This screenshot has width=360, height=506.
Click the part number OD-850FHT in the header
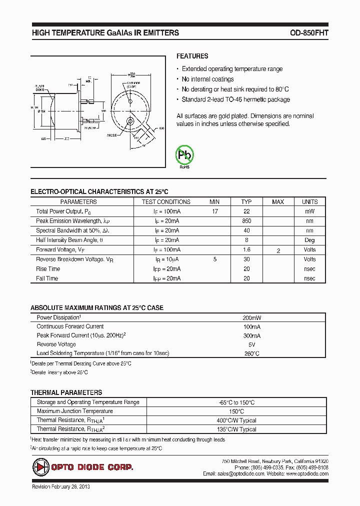(309, 33)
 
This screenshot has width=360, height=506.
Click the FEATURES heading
(192, 56)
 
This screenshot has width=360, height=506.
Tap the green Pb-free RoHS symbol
(184, 155)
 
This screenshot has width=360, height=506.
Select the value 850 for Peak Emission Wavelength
(246, 221)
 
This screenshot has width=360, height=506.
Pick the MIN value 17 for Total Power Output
(214, 211)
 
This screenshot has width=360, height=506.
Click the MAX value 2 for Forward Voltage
(278, 250)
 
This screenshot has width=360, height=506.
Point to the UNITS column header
(309, 202)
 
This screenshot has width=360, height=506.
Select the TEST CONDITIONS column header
(166, 202)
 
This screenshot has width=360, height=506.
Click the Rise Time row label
(47, 269)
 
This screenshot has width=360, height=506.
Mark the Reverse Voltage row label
(56, 344)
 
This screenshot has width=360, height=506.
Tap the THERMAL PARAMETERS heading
(66, 393)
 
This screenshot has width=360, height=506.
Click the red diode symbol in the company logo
(39, 467)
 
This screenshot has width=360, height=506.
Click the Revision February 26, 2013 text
(60, 486)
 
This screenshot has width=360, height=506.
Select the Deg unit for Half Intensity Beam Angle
(309, 240)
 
